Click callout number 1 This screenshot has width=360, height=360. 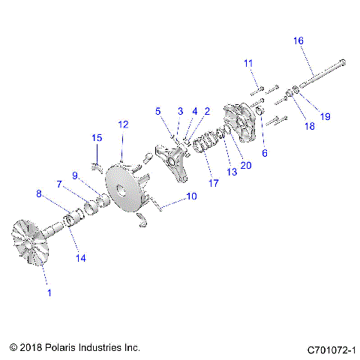pos(50,292)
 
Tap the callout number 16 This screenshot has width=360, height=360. pos(298,40)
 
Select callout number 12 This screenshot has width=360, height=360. pos(122,124)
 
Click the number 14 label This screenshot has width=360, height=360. pos(79,258)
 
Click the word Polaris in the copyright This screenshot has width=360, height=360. pos(65,349)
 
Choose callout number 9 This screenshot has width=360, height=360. pos(74,175)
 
